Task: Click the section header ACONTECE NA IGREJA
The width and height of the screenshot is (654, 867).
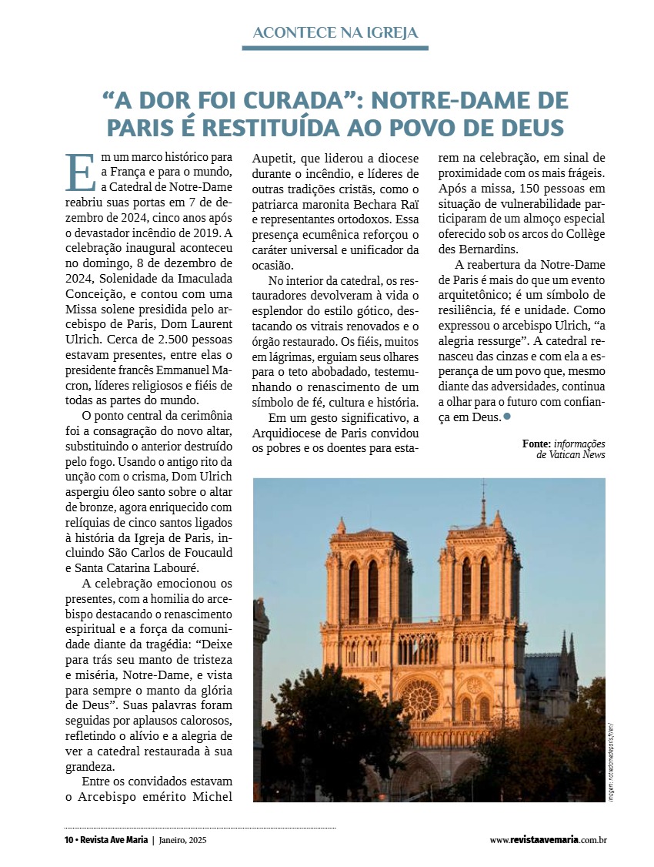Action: click(x=335, y=32)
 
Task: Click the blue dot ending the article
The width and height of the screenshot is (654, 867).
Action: click(x=507, y=417)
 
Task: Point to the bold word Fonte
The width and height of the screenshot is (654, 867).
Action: click(x=536, y=444)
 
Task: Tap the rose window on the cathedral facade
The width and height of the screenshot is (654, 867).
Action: click(x=419, y=698)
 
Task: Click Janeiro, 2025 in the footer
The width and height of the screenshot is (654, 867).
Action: click(x=183, y=840)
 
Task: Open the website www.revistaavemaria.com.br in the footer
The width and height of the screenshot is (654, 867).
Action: click(x=548, y=840)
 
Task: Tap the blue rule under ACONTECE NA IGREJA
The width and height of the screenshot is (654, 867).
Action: click(x=335, y=48)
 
